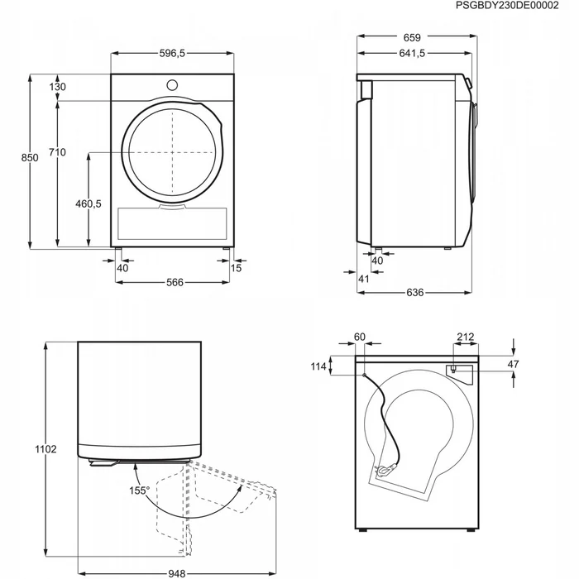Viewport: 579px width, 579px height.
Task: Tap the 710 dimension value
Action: pos(56,151)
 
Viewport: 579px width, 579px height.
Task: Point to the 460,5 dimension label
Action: pos(86,204)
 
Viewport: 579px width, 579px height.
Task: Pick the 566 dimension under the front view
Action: pos(174,283)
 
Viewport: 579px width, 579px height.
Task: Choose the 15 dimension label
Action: pos(237,267)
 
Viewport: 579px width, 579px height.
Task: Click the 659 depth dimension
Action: pos(413,37)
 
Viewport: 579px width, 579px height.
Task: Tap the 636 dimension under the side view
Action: pos(414,293)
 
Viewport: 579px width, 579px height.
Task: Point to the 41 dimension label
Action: pos(363,279)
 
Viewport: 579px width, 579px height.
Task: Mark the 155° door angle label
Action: pos(139,491)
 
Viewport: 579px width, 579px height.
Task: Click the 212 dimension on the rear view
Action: pos(465,337)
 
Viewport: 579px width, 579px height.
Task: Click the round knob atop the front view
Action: pos(174,84)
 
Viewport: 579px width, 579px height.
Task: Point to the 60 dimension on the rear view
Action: pos(359,337)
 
